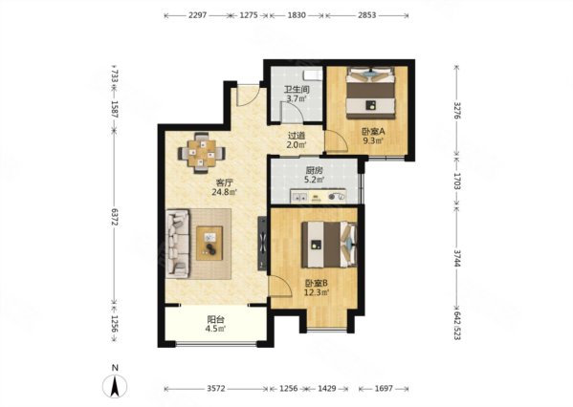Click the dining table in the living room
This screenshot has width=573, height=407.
coord(201,153)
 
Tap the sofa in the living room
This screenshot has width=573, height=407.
coord(178,244)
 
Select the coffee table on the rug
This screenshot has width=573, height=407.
coord(209,243)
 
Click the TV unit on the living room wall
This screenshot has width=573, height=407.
coord(262,244)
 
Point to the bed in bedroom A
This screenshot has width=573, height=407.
coord(371,93)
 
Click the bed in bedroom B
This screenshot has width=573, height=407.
coord(329,245)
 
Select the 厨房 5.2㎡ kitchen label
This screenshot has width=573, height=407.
coord(315,175)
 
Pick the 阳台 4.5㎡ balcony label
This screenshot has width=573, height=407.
coord(215,324)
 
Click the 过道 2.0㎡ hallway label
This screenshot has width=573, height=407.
coord(297,139)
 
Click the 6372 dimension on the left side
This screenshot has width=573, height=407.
coord(115,217)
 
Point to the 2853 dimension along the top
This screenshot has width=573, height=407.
coord(367,15)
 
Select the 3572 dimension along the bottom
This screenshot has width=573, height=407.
coord(216,389)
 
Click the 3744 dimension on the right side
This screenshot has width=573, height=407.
coord(457,258)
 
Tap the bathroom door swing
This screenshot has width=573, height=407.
coord(291,112)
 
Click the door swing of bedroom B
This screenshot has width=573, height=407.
coord(280,287)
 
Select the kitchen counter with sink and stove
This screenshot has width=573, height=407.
coord(318,196)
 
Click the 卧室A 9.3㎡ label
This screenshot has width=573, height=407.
coord(373,136)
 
